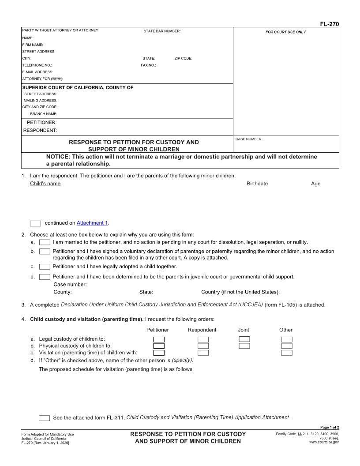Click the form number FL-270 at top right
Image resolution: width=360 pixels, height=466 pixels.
click(x=329, y=24)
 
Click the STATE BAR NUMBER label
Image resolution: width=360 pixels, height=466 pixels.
click(x=162, y=31)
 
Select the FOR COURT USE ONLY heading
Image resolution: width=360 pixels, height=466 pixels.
click(x=285, y=32)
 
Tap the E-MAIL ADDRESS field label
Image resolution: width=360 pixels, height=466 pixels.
click(x=37, y=71)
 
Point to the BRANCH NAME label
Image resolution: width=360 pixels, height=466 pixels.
click(x=43, y=113)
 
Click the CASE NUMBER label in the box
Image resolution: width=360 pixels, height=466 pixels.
click(x=249, y=139)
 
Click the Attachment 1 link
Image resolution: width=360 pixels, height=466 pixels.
click(x=92, y=223)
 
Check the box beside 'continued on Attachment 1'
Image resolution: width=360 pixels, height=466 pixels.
click(x=35, y=223)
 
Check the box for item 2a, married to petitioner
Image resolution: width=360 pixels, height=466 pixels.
click(x=45, y=242)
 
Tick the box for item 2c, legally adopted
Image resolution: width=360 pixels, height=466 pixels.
click(x=45, y=267)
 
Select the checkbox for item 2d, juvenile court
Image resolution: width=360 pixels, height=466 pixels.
click(x=45, y=277)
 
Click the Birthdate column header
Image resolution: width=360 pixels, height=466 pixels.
click(x=257, y=184)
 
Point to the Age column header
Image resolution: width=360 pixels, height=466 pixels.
click(x=316, y=184)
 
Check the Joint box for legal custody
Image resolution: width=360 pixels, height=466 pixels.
click(x=244, y=339)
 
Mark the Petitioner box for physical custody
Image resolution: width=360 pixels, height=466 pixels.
click(x=159, y=346)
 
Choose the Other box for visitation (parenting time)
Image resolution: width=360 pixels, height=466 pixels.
click(x=287, y=353)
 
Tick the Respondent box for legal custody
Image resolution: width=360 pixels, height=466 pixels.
click(x=203, y=339)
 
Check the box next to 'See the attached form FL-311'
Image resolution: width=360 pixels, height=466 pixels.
click(x=44, y=418)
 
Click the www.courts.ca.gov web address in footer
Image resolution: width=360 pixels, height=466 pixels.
click(x=324, y=442)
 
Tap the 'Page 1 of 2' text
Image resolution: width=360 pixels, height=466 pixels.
click(x=329, y=427)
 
